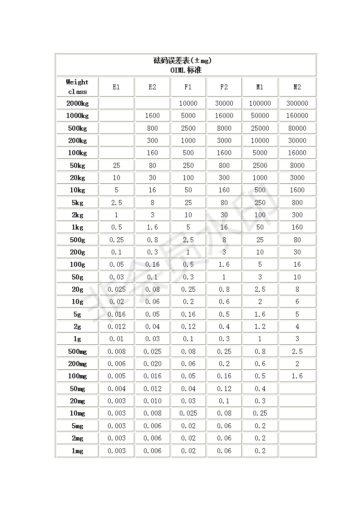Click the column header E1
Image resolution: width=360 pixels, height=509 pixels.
[x=116, y=87]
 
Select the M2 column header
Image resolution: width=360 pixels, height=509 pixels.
[x=297, y=87]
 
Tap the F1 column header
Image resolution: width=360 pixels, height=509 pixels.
[x=188, y=87]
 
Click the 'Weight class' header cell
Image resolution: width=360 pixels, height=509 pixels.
[x=77, y=87]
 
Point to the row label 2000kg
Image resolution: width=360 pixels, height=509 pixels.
[x=77, y=103]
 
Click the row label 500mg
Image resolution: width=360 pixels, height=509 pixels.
[x=77, y=352]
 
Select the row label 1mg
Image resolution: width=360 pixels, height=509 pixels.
[x=77, y=451]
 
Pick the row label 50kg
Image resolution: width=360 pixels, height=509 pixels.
[x=77, y=166]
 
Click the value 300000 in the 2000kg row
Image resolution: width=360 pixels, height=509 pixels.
[x=297, y=103]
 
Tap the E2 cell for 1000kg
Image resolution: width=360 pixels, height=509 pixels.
[x=152, y=116]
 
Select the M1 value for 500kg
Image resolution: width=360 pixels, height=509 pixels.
[x=260, y=128]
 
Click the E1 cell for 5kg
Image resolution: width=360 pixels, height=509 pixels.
[x=116, y=203]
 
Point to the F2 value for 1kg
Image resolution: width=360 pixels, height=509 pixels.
[x=224, y=227]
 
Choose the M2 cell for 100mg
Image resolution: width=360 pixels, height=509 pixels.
[x=297, y=376]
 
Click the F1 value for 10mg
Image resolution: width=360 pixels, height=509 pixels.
[x=188, y=413]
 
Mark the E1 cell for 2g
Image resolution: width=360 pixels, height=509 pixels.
[x=116, y=327]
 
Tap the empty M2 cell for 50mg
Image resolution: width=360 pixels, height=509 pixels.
[x=297, y=389]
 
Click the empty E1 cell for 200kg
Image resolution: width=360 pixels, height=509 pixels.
[x=116, y=141]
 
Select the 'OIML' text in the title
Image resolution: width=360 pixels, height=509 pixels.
[x=178, y=70]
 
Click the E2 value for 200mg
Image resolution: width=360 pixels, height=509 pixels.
[x=152, y=364]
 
